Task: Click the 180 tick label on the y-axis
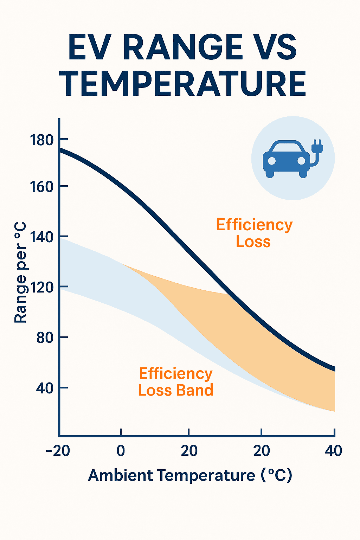click(x=41, y=140)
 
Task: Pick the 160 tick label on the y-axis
click(x=41, y=187)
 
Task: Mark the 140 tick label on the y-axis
click(x=41, y=237)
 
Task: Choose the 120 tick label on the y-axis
click(x=41, y=288)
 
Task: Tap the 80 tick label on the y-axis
click(x=45, y=338)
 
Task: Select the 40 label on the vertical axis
click(x=45, y=388)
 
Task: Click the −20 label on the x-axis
click(x=58, y=451)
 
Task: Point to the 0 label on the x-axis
click(x=121, y=451)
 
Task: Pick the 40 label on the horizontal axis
click(x=333, y=451)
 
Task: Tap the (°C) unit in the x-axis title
click(x=277, y=476)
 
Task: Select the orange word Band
click(x=195, y=390)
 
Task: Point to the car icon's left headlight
click(x=272, y=161)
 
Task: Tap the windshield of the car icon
click(x=287, y=147)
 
